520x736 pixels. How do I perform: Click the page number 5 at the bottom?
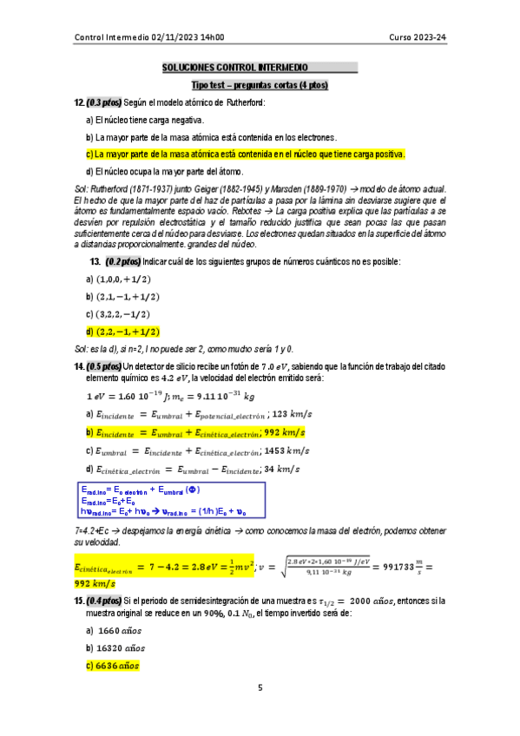(260, 688)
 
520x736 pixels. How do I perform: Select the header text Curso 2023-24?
(418, 37)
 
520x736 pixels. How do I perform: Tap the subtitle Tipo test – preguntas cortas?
(260, 86)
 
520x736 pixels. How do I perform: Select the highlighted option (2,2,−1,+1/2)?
(128, 332)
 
